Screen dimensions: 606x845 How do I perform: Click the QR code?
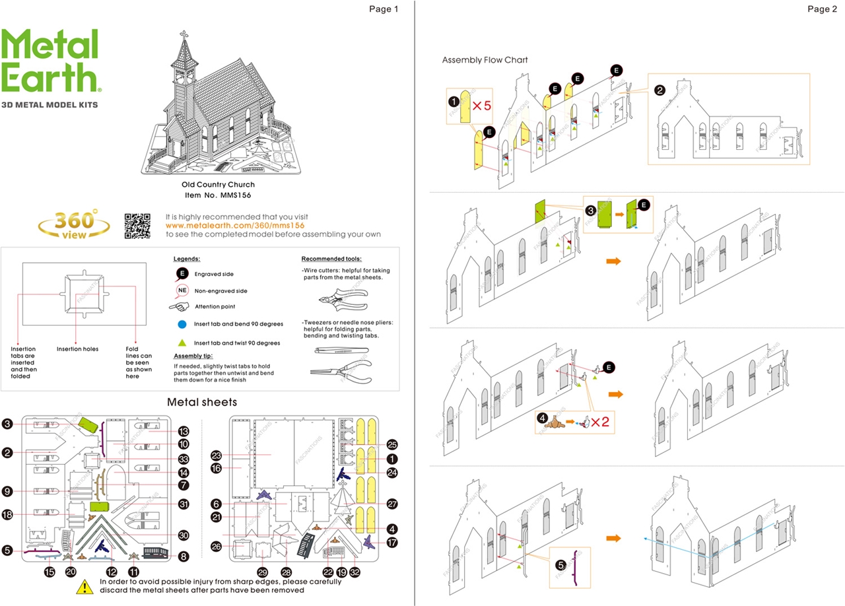coord(137,226)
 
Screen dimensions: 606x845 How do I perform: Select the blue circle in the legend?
coord(182,324)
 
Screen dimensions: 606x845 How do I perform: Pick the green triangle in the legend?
coord(182,343)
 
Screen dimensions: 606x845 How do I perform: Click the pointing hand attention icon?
coord(180,306)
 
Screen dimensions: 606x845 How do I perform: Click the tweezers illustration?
coord(339,351)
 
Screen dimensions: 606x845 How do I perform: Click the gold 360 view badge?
coord(74,224)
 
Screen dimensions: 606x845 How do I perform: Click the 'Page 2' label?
coord(822,9)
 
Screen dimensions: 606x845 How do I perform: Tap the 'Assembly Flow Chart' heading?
coord(485,60)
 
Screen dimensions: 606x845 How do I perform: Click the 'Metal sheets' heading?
coord(202,401)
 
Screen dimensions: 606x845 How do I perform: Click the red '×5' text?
coord(481,106)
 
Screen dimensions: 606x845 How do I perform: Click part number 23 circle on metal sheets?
coord(216,455)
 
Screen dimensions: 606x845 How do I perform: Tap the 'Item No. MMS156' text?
coord(218,195)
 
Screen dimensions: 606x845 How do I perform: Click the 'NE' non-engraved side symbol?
coord(182,290)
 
